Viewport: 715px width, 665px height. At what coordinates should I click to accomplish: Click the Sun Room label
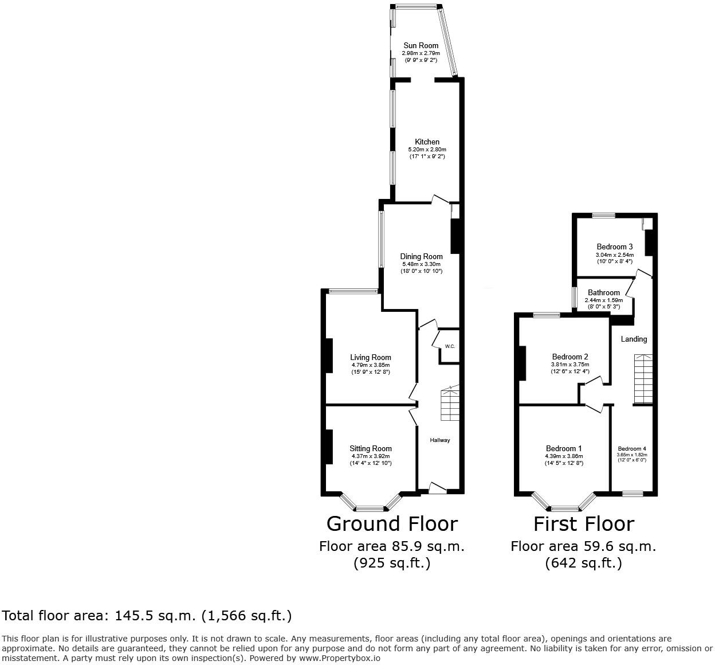(421, 45)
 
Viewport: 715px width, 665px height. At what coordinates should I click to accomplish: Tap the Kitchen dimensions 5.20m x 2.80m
(427, 149)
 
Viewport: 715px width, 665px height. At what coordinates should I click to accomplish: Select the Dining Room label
(421, 256)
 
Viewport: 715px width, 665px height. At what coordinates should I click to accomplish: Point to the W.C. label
(450, 346)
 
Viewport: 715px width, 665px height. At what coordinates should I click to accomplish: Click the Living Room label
(371, 357)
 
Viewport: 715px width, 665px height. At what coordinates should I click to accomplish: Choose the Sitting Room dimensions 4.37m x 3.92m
(371, 456)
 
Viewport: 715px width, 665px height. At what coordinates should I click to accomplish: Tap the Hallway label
(439, 440)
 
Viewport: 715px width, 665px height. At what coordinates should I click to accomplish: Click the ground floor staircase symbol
(450, 402)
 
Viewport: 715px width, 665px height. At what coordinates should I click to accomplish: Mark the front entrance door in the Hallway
(438, 488)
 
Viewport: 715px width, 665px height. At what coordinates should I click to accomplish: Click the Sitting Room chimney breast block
(329, 447)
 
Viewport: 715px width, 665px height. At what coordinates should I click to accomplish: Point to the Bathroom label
(604, 293)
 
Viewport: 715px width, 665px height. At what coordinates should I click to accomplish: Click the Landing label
(634, 339)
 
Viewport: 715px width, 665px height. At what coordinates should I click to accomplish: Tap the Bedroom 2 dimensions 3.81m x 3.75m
(570, 365)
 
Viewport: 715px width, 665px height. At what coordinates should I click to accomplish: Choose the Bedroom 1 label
(564, 448)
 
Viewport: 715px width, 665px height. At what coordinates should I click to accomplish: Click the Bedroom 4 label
(632, 449)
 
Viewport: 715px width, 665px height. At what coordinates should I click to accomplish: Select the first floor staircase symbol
(643, 378)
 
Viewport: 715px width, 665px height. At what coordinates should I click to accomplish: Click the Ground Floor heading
(392, 524)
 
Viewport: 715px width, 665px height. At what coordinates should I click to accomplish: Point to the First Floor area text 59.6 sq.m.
(583, 546)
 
